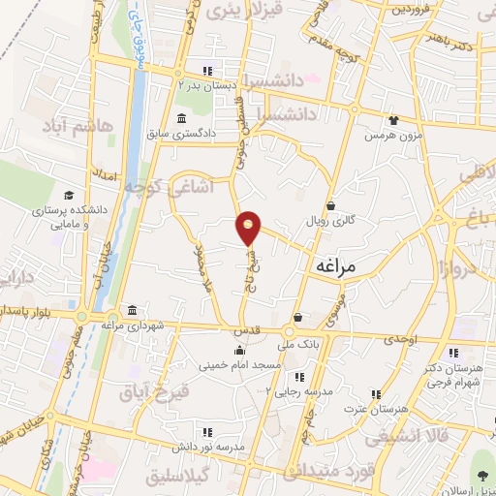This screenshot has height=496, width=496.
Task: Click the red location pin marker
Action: [250, 227]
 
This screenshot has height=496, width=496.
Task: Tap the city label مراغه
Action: [337, 264]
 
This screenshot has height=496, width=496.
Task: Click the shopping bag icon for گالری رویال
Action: [330, 205]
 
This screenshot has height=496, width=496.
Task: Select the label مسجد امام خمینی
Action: [239, 366]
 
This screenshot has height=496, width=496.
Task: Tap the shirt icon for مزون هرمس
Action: [393, 120]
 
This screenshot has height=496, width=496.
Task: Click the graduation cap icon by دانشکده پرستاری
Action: [68, 195]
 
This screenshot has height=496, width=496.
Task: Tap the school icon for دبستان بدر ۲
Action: [206, 70]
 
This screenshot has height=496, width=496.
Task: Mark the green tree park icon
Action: [481, 473]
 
